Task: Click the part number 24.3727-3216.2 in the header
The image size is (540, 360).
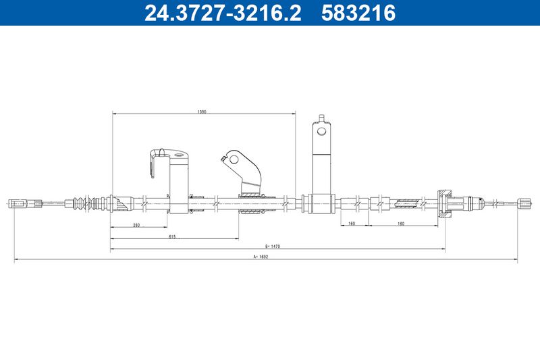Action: (x=223, y=13)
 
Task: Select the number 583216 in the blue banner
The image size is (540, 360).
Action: (x=358, y=13)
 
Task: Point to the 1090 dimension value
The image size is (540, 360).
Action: (x=202, y=111)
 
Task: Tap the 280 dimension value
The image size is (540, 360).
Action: (x=136, y=226)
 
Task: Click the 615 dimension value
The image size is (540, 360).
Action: (x=173, y=236)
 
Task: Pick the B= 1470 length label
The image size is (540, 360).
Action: (x=273, y=247)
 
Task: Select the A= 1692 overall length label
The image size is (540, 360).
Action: (x=261, y=257)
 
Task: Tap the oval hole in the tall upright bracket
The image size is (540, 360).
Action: (x=321, y=131)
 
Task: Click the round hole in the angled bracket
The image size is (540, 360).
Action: (x=234, y=159)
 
